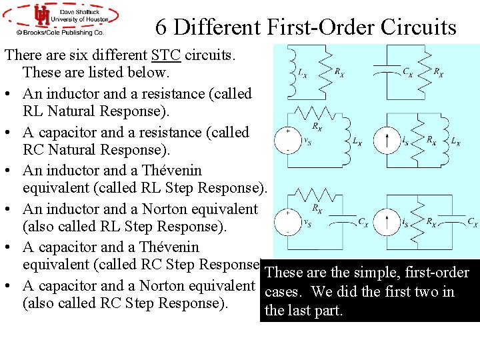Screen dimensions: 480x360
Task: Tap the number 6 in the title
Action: click(x=161, y=27)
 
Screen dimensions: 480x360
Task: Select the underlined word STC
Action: click(x=165, y=55)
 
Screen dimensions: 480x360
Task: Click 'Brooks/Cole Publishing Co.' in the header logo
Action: click(x=61, y=32)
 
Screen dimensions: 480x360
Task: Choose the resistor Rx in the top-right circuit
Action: click(x=427, y=71)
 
